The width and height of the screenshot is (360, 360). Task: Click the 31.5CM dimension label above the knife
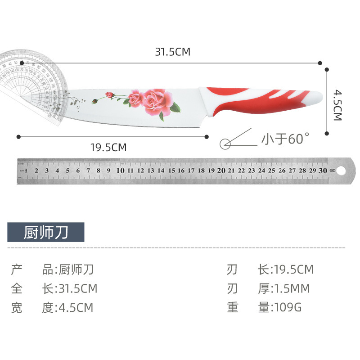(x=173, y=52)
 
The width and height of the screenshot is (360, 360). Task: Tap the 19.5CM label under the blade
(x=108, y=147)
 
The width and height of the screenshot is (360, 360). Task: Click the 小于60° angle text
(x=286, y=139)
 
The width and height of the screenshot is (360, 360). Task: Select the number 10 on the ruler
(x=120, y=171)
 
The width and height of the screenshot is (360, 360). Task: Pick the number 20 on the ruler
(x=221, y=171)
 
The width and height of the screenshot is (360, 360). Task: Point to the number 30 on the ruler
(x=323, y=171)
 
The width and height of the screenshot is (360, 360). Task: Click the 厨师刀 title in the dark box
(x=46, y=232)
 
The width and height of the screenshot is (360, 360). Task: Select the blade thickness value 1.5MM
(x=291, y=288)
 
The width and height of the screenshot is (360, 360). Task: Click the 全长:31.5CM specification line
(x=54, y=288)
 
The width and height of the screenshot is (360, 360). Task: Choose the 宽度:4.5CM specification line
(x=52, y=307)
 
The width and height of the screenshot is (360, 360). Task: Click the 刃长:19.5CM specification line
(x=270, y=270)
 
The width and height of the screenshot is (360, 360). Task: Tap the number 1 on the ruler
(x=27, y=171)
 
